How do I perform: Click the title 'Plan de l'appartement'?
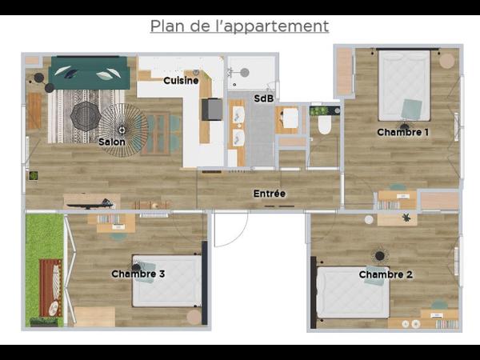click(239, 26)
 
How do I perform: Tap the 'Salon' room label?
click(111, 142)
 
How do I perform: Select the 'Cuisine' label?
click(181, 81)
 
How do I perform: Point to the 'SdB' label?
click(262, 98)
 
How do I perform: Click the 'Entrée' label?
click(269, 194)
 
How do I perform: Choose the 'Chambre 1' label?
click(403, 132)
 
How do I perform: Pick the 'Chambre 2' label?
click(386, 274)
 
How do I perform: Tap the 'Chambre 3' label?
click(138, 274)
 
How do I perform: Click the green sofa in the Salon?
click(89, 74)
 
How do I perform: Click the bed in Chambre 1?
click(404, 84)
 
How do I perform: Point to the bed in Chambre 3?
click(166, 280)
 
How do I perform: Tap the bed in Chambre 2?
click(353, 292)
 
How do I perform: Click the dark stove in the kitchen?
click(212, 109)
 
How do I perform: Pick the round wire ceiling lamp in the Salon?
click(122, 129)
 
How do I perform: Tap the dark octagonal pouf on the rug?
click(85, 117)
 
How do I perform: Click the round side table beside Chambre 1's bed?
click(446, 61)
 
